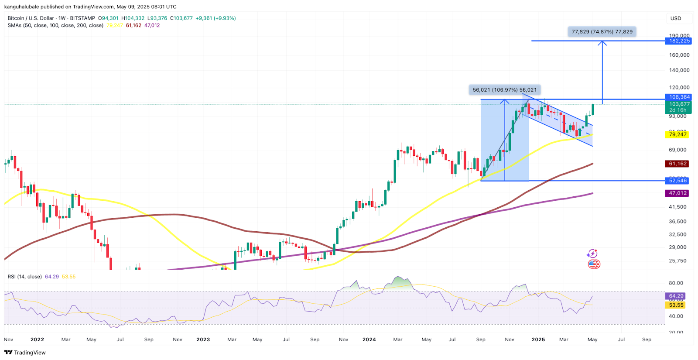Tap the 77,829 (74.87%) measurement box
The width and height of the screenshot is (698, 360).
[x=602, y=32]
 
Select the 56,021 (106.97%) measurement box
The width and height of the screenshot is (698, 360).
[x=505, y=90]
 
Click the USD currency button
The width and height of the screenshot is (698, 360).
[x=676, y=18]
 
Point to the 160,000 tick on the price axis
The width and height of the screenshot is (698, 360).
[x=679, y=55]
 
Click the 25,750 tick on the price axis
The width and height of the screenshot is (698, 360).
[x=677, y=261]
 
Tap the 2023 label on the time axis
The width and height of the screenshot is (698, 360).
[x=203, y=339]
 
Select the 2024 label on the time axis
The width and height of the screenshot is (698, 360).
[x=369, y=339]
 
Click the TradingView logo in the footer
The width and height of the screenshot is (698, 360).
[x=25, y=353]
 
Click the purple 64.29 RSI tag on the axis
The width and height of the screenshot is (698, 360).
[x=676, y=296]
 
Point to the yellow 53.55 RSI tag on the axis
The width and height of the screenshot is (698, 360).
[x=676, y=305]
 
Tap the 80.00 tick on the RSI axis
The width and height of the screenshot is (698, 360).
[x=676, y=283]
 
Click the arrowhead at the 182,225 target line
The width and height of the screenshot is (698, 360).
[x=602, y=43]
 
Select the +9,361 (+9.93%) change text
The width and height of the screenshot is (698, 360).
[x=216, y=18]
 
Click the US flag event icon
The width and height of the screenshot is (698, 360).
[x=593, y=264]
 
